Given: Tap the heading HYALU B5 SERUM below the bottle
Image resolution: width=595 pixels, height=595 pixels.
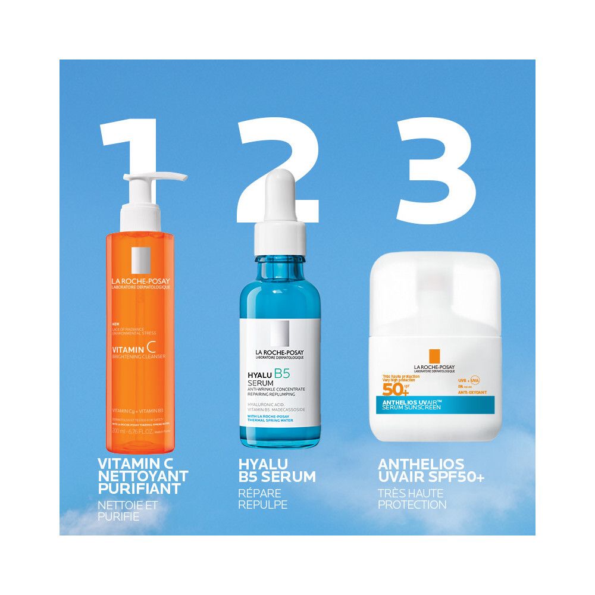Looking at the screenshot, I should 277,471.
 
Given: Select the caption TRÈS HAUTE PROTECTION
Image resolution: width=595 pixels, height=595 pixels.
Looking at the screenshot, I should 412,499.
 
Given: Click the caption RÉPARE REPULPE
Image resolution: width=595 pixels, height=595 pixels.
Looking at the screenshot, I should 262,499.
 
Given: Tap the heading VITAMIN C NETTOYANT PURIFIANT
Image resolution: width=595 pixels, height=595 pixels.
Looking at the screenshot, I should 143,477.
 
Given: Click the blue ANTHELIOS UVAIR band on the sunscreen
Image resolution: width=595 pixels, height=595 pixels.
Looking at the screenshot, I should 434,403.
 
